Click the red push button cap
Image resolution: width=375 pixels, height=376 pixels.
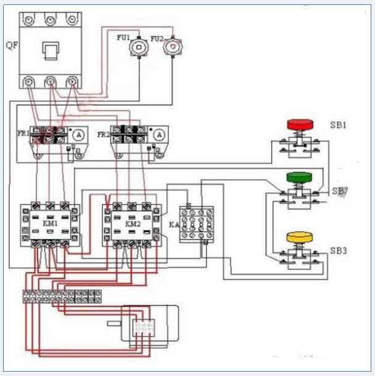coord(300,123)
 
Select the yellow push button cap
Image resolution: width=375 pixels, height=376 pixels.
coord(300,236)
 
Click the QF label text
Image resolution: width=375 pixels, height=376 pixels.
coord(10,44)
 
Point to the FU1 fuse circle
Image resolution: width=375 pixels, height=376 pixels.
coord(142,47)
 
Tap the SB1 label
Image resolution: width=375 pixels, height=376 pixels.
coord(340,125)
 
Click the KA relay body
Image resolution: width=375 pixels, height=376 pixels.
coord(199,224)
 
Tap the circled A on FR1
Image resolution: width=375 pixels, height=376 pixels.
coord(78,134)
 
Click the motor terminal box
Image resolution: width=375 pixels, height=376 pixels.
coord(146,325)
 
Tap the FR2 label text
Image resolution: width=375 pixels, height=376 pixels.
coord(103,132)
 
